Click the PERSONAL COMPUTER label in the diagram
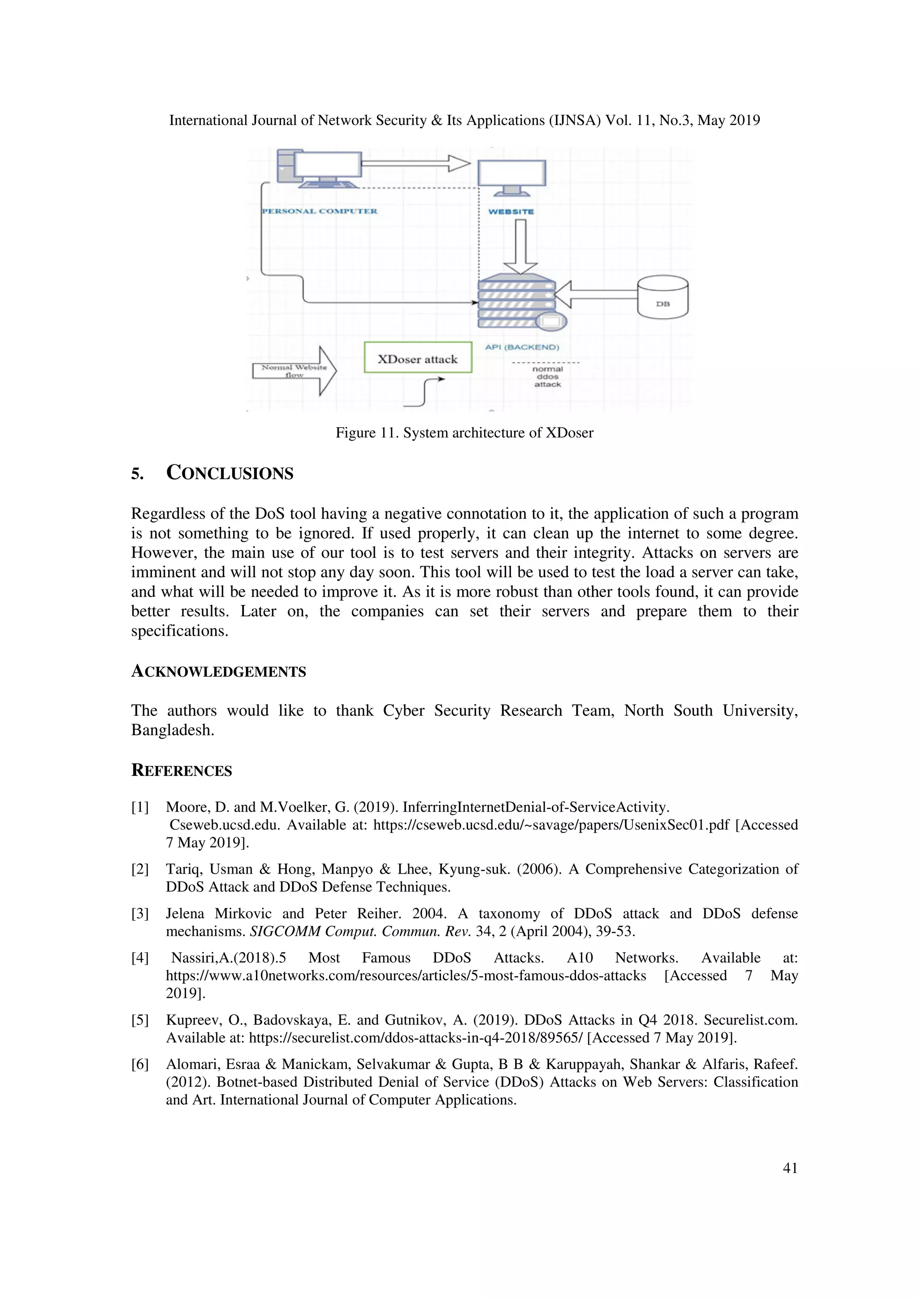click(x=319, y=211)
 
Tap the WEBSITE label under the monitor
click(x=511, y=212)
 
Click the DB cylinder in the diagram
click(x=663, y=297)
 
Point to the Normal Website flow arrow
click(x=294, y=371)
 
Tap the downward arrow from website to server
click(x=520, y=246)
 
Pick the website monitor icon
click(x=511, y=176)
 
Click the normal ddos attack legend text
click(x=547, y=376)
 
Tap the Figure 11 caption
click(x=464, y=433)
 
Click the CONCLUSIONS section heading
click(x=229, y=473)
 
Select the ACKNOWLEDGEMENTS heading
click(x=218, y=671)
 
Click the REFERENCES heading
click(x=182, y=771)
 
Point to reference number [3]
click(x=140, y=914)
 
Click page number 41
click(x=790, y=1168)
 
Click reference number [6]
click(x=140, y=1064)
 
